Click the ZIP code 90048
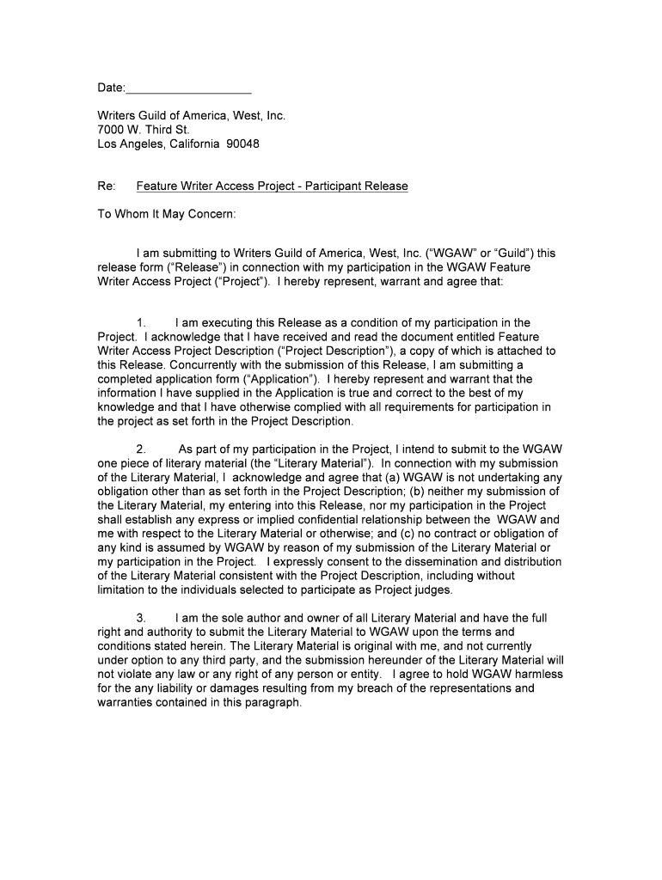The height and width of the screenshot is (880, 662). tap(242, 144)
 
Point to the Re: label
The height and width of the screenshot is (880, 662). tap(106, 186)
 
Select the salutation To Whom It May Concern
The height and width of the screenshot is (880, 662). tap(166, 214)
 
